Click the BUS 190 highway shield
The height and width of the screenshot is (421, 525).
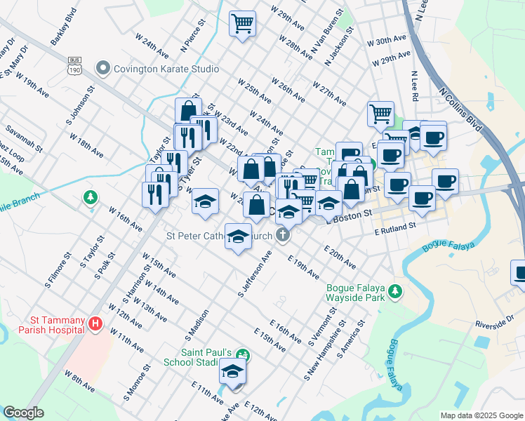point(74,65)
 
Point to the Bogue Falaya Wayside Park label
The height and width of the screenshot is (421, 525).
point(357,291)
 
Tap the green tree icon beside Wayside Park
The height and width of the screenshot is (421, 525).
point(396,290)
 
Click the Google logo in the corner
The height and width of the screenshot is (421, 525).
point(24,412)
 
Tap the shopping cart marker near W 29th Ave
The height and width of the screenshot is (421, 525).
point(242,24)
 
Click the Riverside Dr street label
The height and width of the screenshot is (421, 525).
point(495,325)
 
